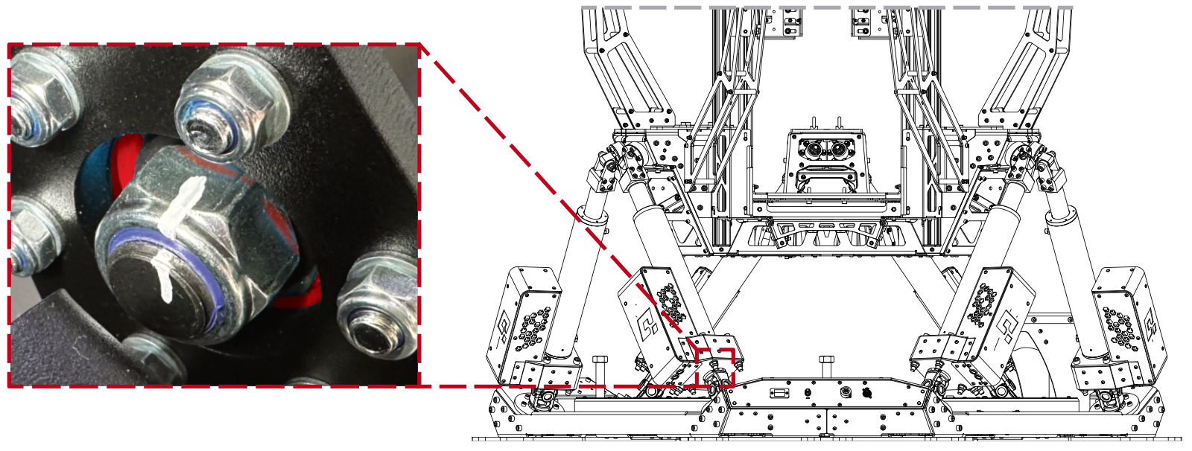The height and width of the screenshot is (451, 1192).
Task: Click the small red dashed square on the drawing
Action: click(x=715, y=368)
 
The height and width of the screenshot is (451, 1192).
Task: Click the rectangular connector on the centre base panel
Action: click(x=779, y=392)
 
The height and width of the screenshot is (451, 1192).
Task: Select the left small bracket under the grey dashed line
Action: click(x=792, y=22)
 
